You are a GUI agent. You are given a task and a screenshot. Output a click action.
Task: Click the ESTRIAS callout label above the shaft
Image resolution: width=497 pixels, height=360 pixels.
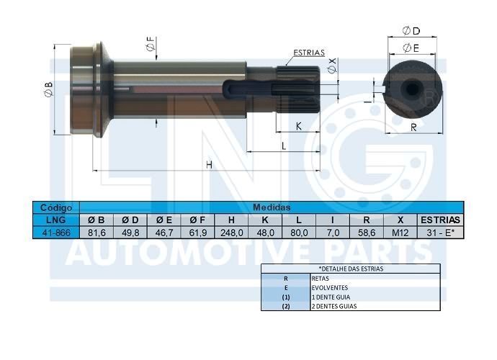click(309, 53)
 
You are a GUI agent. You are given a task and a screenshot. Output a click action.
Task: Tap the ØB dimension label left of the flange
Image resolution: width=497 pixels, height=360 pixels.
click(48, 89)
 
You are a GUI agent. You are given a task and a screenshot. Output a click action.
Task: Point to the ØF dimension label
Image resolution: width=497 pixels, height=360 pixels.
click(151, 44)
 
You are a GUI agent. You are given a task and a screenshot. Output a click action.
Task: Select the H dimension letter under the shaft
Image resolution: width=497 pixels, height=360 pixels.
click(209, 165)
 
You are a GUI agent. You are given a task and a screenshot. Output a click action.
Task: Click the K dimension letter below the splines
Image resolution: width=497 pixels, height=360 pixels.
click(299, 126)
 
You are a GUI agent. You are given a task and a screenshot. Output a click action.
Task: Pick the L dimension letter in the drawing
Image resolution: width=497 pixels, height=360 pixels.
click(284, 146)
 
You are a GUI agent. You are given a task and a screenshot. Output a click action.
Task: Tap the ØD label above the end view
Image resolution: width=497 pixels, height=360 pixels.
click(411, 31)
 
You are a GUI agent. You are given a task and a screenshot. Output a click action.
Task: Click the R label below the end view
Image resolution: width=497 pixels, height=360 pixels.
click(413, 127)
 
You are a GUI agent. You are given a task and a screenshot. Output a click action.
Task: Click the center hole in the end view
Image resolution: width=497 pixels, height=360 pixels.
click(411, 89)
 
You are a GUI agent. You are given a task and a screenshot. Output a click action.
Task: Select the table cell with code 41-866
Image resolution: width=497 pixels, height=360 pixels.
click(56, 233)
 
